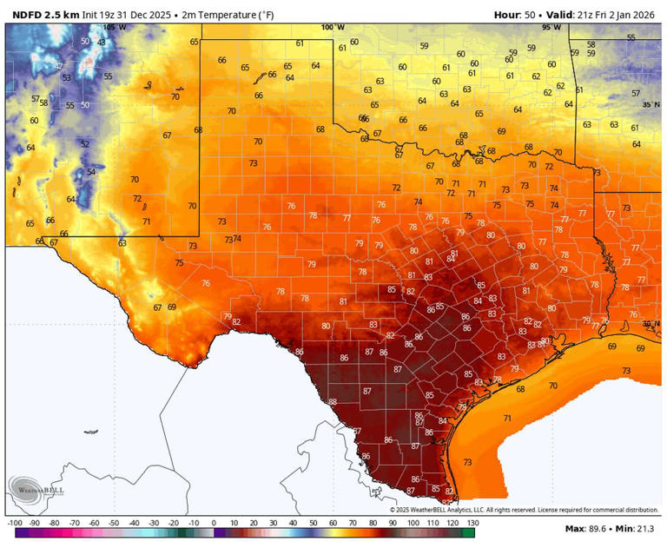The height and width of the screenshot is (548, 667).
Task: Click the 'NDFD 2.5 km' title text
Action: [44, 15]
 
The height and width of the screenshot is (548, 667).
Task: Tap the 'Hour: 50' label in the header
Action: [517, 15]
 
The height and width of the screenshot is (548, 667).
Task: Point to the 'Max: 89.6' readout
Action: [585, 529]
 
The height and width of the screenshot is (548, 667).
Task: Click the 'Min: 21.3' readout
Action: [637, 529]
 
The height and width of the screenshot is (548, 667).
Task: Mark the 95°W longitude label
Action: [551, 27]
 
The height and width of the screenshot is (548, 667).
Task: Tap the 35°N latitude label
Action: [650, 104]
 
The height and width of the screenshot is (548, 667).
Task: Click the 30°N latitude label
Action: [650, 324]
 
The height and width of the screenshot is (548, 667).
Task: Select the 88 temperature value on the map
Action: [333, 401]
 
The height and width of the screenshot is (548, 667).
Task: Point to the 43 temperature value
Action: [102, 42]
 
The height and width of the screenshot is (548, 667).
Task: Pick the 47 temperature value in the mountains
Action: [59, 66]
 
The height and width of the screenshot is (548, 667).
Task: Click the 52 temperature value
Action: [85, 143]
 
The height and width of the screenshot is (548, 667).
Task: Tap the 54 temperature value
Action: [90, 172]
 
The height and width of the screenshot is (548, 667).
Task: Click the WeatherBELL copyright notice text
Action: [530, 510]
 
